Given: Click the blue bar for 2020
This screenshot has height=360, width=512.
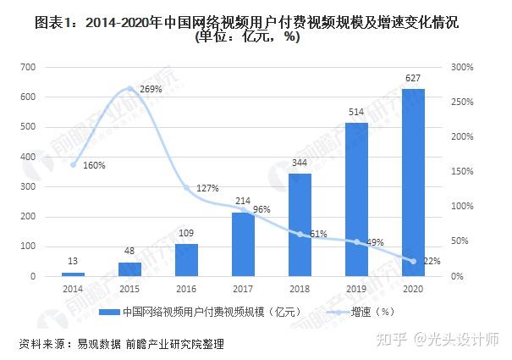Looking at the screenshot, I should point(414,182).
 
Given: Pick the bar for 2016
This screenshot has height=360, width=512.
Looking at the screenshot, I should point(186,260).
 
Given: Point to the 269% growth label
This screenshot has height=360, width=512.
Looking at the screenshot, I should point(151,89).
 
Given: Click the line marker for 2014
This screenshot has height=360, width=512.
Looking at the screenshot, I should point(74,164).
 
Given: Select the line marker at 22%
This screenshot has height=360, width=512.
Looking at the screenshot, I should point(414,261).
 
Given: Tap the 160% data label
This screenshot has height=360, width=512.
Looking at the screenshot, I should point(94,165).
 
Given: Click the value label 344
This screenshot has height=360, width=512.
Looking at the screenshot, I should point(300,163).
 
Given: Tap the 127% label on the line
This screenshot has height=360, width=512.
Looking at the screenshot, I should point(207,188).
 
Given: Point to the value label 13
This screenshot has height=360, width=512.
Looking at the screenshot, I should point(74,262).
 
